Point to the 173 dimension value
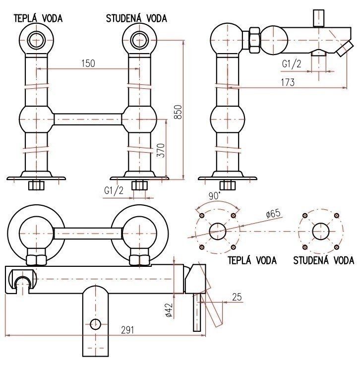pos(286,82)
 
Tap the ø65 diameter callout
pos(273,213)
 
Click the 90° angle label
pos(214,196)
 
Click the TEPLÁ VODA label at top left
pos(38,18)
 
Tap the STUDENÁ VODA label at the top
pos(136,18)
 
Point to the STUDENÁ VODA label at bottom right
pos(323,260)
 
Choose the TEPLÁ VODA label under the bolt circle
pos(252,260)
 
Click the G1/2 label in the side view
pos(292,63)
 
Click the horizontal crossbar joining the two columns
pos(88,119)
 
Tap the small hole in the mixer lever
pos(95,325)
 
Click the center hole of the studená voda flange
pos(320,231)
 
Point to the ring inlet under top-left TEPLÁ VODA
pos(36,39)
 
